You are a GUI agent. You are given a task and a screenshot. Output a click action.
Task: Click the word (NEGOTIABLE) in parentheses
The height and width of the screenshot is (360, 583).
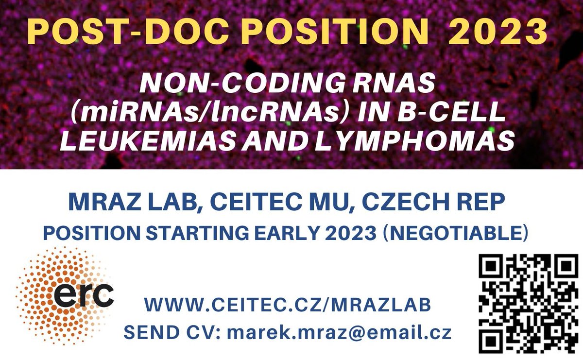pyautogui.click(x=456, y=233)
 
